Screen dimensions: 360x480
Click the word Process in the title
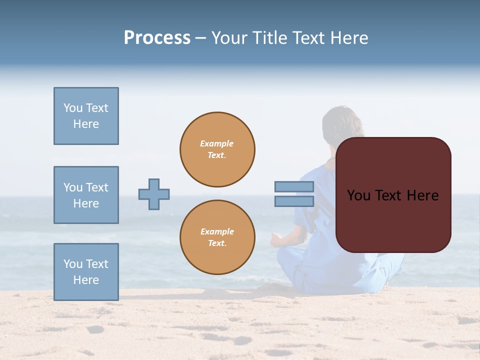tap(157, 38)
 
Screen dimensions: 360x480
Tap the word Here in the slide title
tap(349, 38)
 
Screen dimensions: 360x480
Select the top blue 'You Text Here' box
tap(86, 116)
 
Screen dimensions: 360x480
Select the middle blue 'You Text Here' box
tap(86, 195)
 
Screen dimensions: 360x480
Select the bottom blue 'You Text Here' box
tap(86, 272)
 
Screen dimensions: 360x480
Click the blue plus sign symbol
tap(154, 194)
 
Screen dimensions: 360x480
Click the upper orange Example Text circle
tap(217, 149)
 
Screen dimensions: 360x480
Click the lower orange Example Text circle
tap(217, 237)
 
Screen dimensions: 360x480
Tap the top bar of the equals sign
tap(294, 187)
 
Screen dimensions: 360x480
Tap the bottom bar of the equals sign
tap(294, 201)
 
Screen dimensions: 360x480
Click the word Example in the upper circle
tap(217, 143)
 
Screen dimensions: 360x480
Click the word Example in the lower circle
tap(217, 231)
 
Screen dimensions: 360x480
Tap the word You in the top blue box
tap(72, 108)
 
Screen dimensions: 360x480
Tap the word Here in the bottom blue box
tap(86, 280)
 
